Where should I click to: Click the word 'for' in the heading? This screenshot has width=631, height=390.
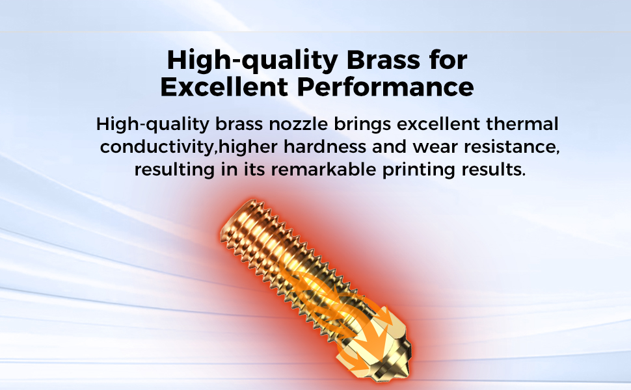pos(447,60)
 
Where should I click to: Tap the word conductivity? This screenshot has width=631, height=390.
pos(157,147)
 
